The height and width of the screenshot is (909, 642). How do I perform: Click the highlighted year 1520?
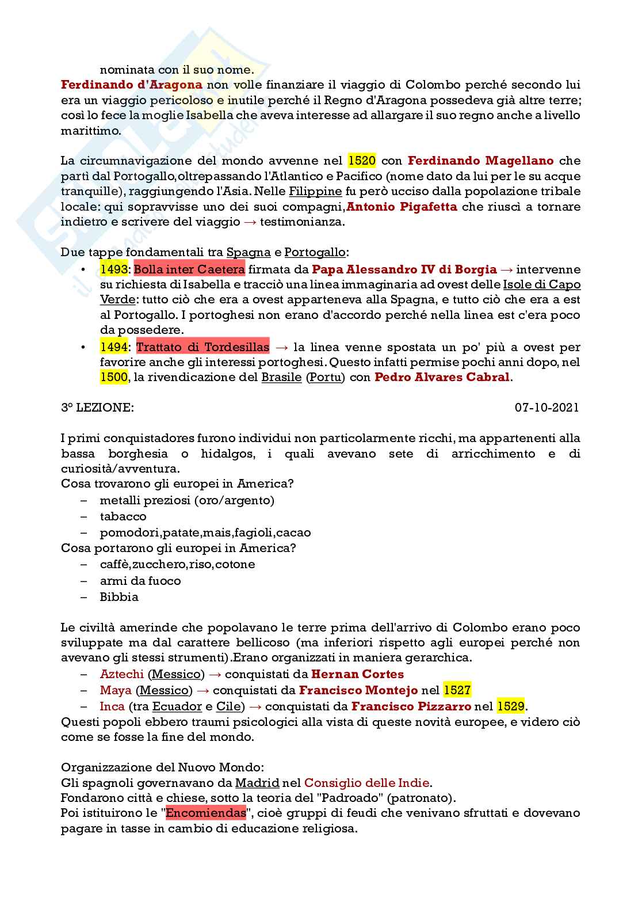pos(362,161)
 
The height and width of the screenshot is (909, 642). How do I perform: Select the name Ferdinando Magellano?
pos(481,161)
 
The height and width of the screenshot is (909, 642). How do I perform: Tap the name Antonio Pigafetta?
pos(402,207)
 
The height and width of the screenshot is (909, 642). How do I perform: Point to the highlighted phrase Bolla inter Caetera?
pos(189,269)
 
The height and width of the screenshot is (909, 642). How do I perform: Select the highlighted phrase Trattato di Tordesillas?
pos(202,347)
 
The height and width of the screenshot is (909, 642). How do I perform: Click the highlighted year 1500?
pos(114,378)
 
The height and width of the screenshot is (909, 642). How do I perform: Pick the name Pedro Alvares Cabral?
pos(442,378)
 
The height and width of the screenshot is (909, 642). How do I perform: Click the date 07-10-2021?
pos(547,408)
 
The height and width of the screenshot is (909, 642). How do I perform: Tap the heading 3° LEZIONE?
pos(97,408)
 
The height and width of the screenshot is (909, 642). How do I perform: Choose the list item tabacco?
pos(123,516)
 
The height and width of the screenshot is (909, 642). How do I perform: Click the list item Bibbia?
pos(119,597)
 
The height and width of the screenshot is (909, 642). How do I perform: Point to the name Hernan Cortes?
pos(357,674)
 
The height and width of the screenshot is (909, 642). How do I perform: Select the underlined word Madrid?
pos(257,783)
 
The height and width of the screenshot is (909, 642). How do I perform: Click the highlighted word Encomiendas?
pos(206,813)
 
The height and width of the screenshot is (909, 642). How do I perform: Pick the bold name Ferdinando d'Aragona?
pos(132,85)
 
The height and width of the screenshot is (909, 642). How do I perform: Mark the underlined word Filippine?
pos(315,191)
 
